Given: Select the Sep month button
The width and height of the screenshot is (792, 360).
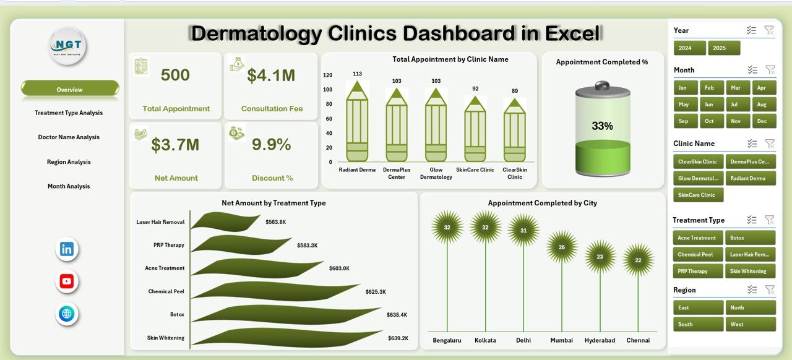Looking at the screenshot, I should (x=684, y=121).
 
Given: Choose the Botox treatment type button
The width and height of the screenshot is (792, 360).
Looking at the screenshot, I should (x=750, y=238).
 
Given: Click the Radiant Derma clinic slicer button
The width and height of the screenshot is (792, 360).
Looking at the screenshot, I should (x=750, y=178).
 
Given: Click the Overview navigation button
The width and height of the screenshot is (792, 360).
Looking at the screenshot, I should (x=69, y=90).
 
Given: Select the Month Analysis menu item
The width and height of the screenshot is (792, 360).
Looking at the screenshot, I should (x=69, y=186).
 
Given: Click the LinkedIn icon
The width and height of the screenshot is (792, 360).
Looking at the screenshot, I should (x=67, y=249).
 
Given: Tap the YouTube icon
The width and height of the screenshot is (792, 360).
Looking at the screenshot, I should (x=67, y=281).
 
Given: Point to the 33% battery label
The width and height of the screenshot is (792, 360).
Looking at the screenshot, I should (x=602, y=126).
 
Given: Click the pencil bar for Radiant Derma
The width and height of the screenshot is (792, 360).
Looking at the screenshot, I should (x=357, y=124).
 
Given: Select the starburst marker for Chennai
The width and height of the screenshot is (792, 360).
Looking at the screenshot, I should (x=638, y=260).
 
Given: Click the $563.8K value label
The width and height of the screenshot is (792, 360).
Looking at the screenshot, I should (x=276, y=221).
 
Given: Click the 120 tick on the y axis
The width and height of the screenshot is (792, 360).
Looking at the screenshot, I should (x=327, y=75).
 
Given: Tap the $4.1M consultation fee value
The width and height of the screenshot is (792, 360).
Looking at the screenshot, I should (x=271, y=75).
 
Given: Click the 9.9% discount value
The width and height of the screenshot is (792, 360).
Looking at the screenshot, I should (x=271, y=145).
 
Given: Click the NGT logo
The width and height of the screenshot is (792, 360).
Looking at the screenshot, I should (x=68, y=45).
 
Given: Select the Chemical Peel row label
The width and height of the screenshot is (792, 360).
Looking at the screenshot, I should (x=166, y=291).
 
